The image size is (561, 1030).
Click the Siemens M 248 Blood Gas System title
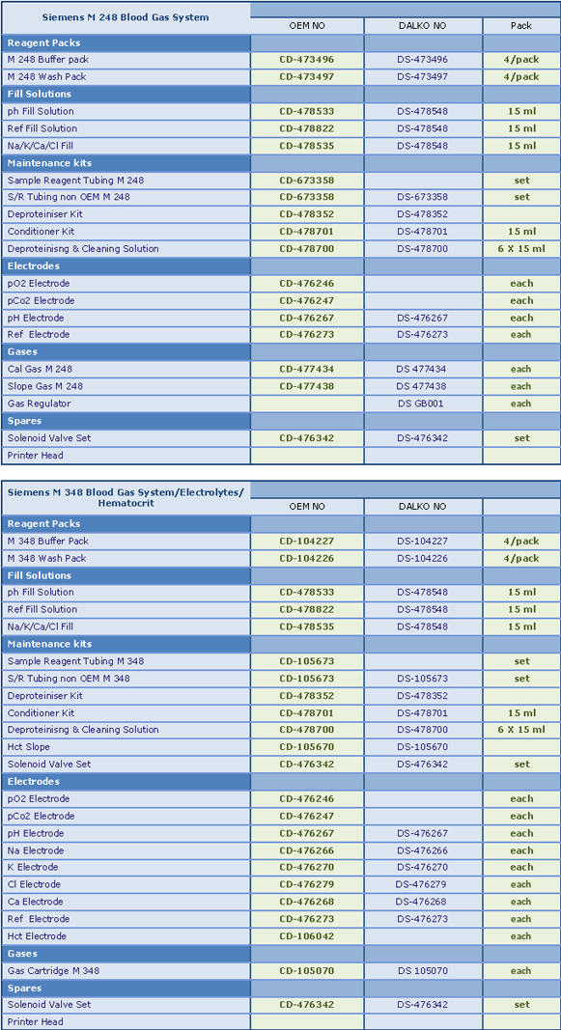point(126,17)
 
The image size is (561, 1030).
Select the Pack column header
point(521,26)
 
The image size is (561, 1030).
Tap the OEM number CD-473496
point(307,60)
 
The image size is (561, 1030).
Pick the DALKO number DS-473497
point(422,77)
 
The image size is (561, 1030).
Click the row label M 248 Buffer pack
point(48,60)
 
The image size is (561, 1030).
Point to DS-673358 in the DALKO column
point(422,197)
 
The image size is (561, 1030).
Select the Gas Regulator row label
point(39,404)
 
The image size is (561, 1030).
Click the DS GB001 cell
point(421,404)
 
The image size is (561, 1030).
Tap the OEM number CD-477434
point(307,369)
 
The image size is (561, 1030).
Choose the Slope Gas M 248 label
point(45,386)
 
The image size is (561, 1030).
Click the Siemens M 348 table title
point(126,498)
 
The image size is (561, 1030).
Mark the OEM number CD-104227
point(307,542)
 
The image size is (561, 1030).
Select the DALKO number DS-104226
point(422,558)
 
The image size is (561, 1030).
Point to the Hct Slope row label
point(28,747)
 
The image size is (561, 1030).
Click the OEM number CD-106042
point(307,936)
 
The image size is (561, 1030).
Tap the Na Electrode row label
point(33,850)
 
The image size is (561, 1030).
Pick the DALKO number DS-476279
point(421,884)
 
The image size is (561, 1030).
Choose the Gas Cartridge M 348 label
point(53,970)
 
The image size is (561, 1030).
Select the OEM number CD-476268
point(307,902)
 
